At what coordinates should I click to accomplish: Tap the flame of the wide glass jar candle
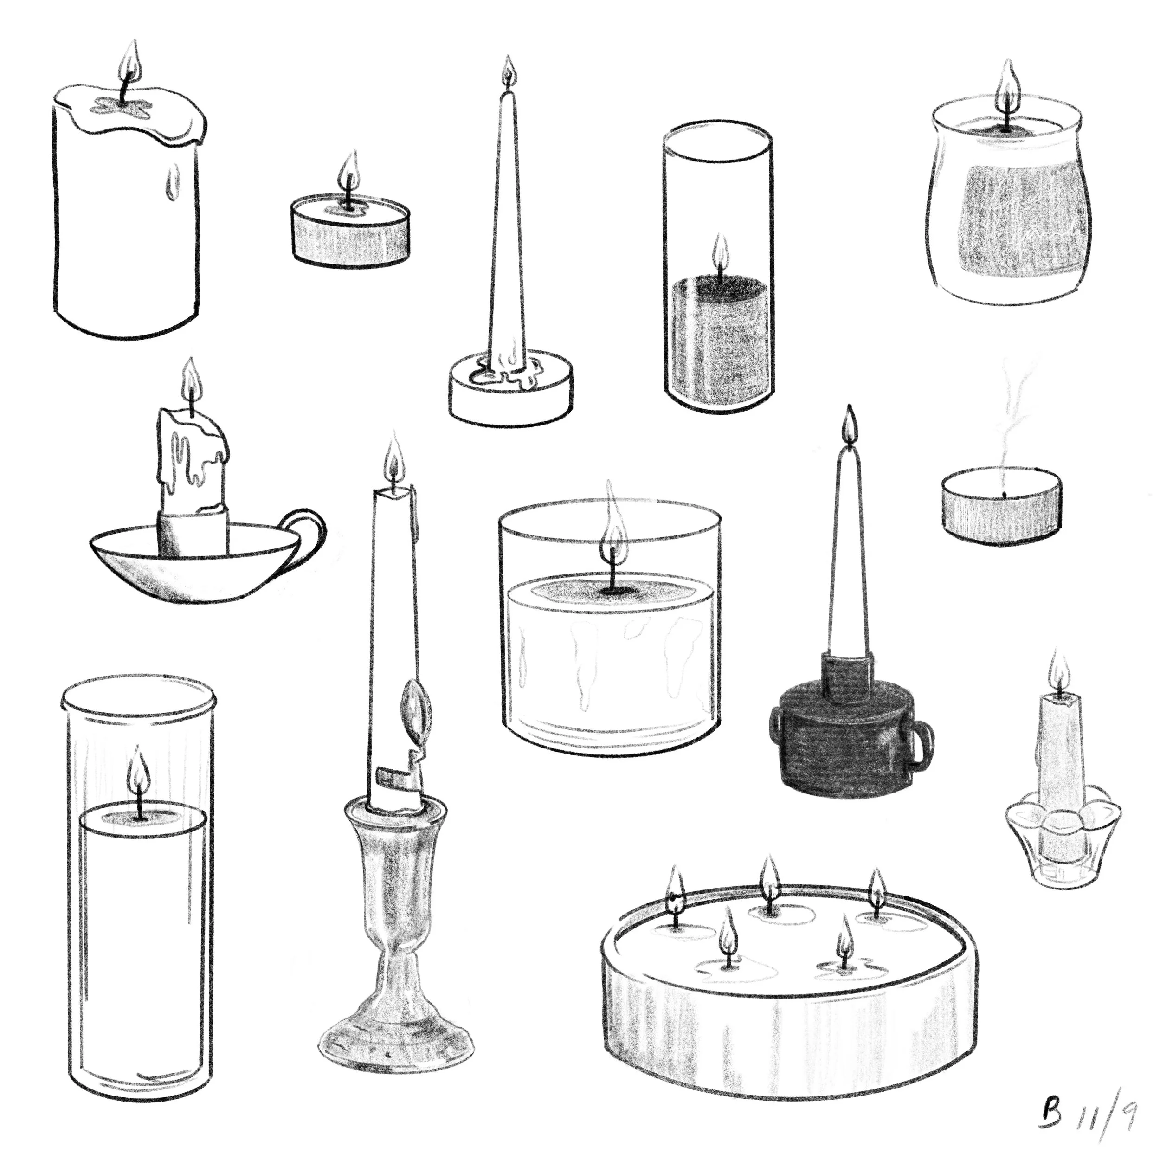[612, 528]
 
